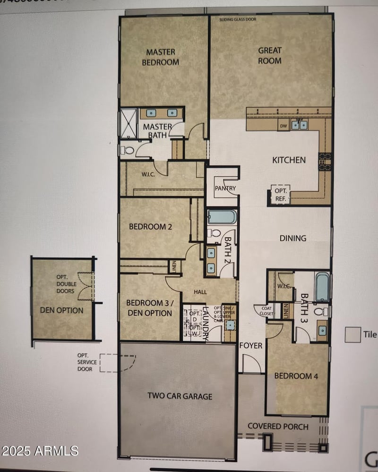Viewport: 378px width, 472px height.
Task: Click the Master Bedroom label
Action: (x=162, y=57)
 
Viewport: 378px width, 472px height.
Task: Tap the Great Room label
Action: (x=270, y=55)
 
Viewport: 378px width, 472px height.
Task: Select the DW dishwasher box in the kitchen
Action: (x=283, y=126)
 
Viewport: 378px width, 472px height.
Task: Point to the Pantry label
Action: (x=225, y=188)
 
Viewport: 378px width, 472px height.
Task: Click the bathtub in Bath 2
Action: (x=222, y=217)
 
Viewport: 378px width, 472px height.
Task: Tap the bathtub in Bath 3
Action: (x=322, y=287)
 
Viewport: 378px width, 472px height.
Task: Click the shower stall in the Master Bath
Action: (x=129, y=124)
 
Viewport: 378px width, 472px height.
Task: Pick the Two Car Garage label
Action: (x=180, y=396)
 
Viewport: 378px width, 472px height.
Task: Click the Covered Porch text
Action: (x=278, y=426)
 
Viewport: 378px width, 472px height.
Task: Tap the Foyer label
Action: (x=250, y=345)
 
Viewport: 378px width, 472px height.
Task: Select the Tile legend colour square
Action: (x=352, y=335)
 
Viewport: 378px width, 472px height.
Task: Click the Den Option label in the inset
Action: (x=62, y=310)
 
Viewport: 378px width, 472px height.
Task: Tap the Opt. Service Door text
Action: (x=87, y=362)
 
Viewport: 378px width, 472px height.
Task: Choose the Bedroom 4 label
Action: (x=293, y=376)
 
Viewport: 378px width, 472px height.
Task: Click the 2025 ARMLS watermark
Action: (x=40, y=450)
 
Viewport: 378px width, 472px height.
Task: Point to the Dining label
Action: (x=292, y=238)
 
